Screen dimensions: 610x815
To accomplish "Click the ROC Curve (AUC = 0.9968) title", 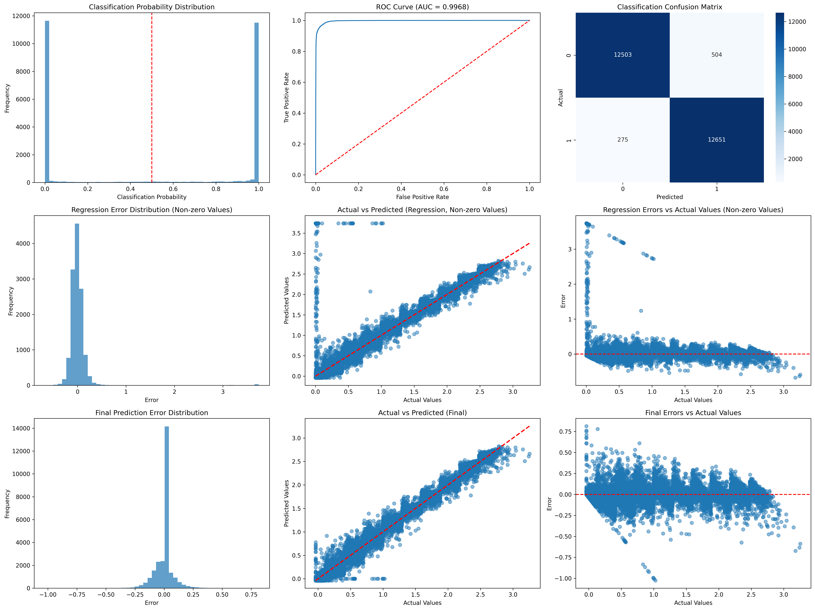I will click(x=422, y=7).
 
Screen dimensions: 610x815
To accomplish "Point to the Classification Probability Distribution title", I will click(x=151, y=7).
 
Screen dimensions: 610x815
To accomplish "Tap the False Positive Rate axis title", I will click(x=422, y=197).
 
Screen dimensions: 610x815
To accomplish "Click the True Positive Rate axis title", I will click(x=286, y=98).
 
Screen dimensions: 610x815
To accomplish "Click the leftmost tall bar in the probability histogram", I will click(x=47, y=101).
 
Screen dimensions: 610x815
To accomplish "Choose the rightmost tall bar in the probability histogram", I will click(x=256, y=102).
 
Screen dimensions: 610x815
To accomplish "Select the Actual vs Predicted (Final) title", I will click(x=422, y=413).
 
